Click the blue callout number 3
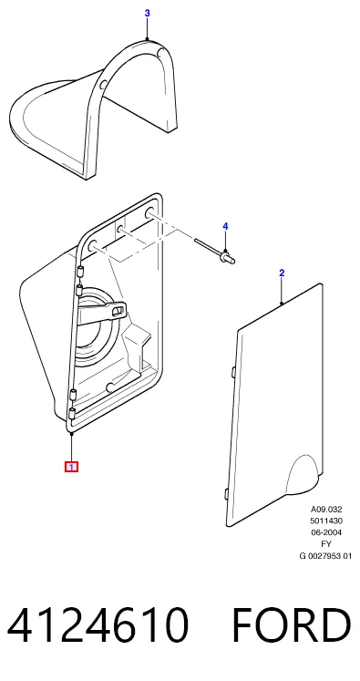point(148,14)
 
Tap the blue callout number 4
point(225,226)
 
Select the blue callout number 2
point(282,273)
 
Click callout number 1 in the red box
point(71,468)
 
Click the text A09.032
point(326,510)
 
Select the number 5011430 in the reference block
point(326,521)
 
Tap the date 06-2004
point(326,532)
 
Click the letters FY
point(326,543)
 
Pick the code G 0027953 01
point(325,555)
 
